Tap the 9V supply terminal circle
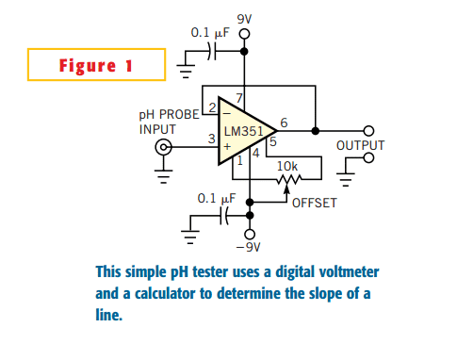tap(244, 34)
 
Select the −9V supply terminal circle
tap(250, 234)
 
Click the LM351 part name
tap(243, 131)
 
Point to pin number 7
tap(239, 98)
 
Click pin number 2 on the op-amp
tap(212, 107)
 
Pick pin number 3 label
tap(212, 139)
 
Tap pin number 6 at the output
tap(284, 123)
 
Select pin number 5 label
tap(273, 141)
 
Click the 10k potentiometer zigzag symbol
tap(288, 179)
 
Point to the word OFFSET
tap(315, 203)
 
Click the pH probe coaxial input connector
tap(164, 147)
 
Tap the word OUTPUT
tap(360, 145)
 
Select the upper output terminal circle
tap(368, 131)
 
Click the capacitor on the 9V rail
tap(212, 51)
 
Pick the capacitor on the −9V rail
tap(224, 216)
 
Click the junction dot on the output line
tap(316, 131)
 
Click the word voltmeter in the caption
tap(349, 271)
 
